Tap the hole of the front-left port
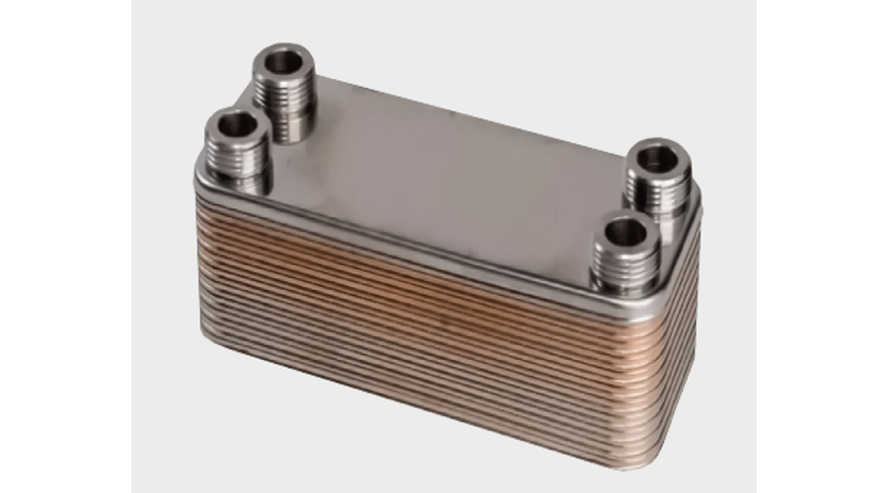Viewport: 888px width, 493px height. tap(236, 126)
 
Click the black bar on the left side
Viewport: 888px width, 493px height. tap(65, 246)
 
